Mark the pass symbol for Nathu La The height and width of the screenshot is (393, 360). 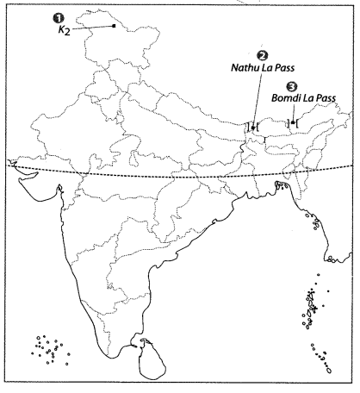pyautogui.click(x=252, y=128)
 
